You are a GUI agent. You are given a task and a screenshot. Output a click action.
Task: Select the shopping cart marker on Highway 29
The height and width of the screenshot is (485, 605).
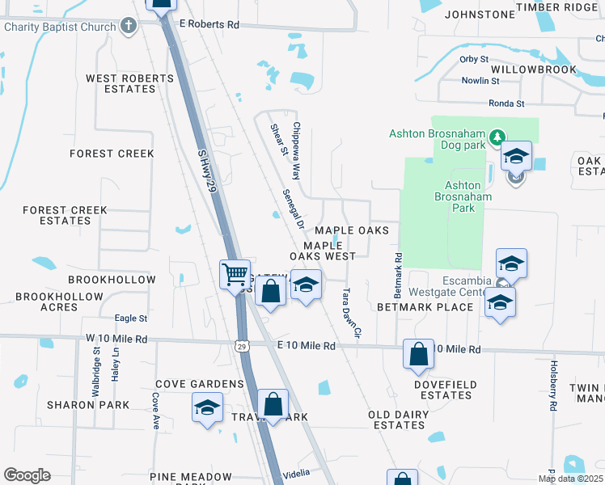point(235,275)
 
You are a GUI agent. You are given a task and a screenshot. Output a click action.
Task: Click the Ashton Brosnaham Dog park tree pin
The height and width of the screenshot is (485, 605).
point(499,139)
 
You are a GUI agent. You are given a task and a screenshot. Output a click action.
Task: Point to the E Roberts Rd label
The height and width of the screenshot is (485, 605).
point(209,25)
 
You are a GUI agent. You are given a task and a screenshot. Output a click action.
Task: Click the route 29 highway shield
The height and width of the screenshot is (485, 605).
point(242,346)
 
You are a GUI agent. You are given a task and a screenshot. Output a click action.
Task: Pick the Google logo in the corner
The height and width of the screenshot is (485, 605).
point(27,474)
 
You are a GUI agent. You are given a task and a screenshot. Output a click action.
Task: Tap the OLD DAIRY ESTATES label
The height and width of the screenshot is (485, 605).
point(396,420)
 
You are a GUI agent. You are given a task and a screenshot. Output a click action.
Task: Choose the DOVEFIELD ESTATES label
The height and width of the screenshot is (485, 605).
point(446,390)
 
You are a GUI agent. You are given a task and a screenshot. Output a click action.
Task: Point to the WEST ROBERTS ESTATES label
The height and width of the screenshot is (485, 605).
point(130,83)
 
